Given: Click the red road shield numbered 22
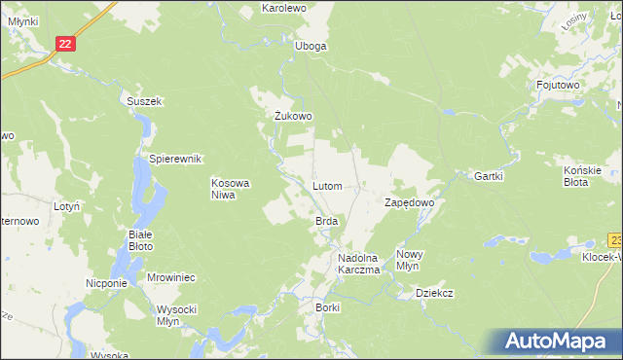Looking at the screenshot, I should click(x=64, y=44).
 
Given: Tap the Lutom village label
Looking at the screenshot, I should click(x=326, y=185).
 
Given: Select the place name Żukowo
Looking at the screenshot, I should click(x=292, y=117).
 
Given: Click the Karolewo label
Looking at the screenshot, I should click(x=284, y=8).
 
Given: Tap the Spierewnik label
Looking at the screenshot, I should click(x=174, y=159).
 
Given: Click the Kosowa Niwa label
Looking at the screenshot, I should click(x=232, y=188).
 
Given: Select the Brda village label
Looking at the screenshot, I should click(x=326, y=222).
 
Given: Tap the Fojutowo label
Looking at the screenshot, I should click(x=558, y=86).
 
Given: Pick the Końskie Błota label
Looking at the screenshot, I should click(x=583, y=175).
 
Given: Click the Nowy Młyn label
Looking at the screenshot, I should click(x=408, y=260).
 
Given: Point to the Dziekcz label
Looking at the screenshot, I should click(x=434, y=292).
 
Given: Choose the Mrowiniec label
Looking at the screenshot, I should click(x=171, y=277).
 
